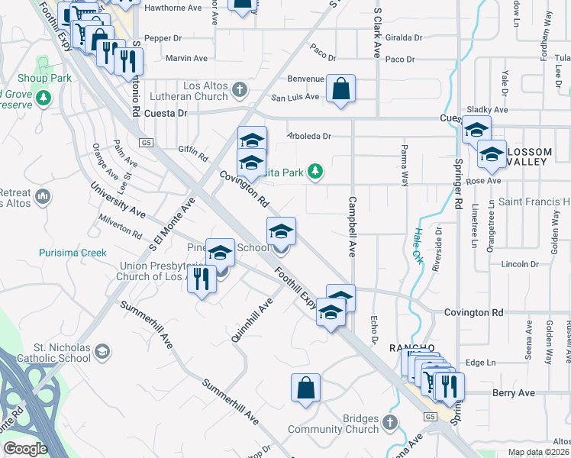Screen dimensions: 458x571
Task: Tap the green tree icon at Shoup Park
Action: point(44,97)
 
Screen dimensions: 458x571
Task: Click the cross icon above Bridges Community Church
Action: point(390,422)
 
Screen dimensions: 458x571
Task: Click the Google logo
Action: point(25,449)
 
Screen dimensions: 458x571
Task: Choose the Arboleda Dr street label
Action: point(308,137)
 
